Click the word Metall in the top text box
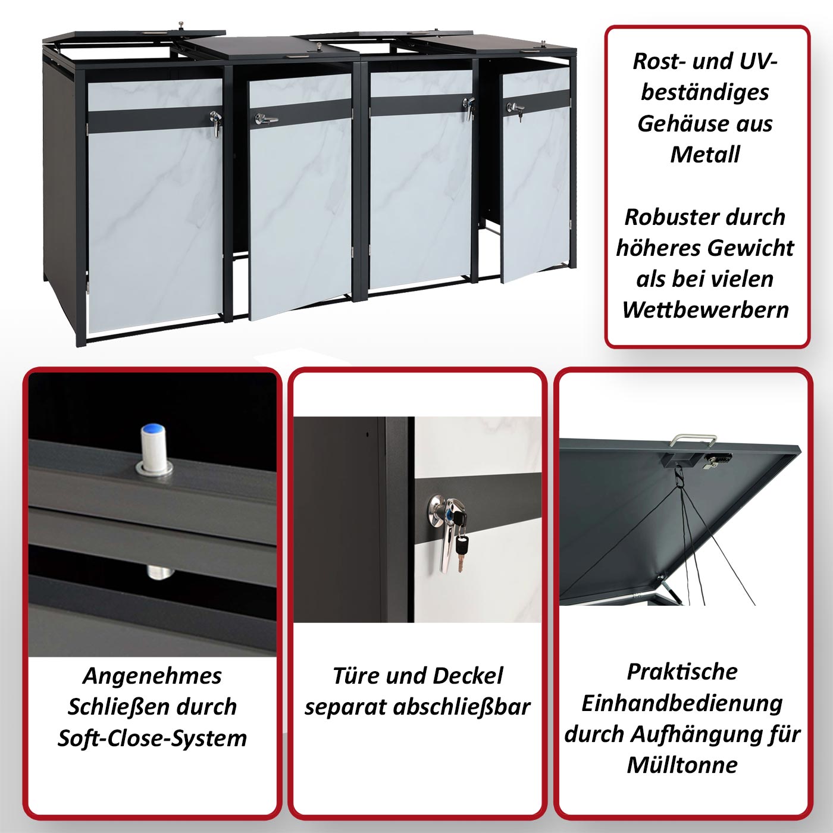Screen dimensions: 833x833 (705, 154)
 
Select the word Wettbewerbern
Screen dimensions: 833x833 (706, 309)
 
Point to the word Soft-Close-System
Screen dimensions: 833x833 (152, 738)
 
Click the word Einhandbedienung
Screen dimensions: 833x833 (682, 703)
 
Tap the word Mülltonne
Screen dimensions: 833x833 (682, 765)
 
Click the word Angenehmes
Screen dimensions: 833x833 (152, 677)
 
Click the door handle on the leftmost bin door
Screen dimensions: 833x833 (216, 123)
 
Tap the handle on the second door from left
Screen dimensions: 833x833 (265, 119)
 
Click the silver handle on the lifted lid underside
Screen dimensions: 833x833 (693, 440)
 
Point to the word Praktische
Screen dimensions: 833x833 (682, 672)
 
